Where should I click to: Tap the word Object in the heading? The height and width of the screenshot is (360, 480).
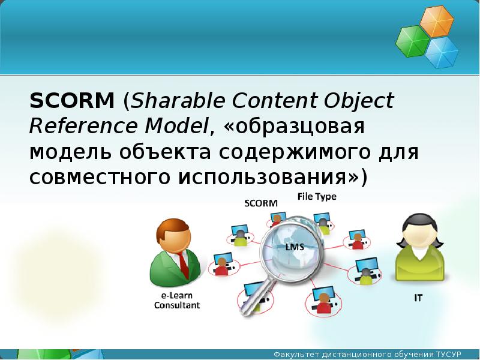[x=359, y=101]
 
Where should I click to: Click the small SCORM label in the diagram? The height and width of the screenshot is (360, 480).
[x=261, y=203]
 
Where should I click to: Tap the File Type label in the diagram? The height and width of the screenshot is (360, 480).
[x=316, y=197]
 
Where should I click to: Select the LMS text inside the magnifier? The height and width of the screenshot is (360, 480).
[x=295, y=247]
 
